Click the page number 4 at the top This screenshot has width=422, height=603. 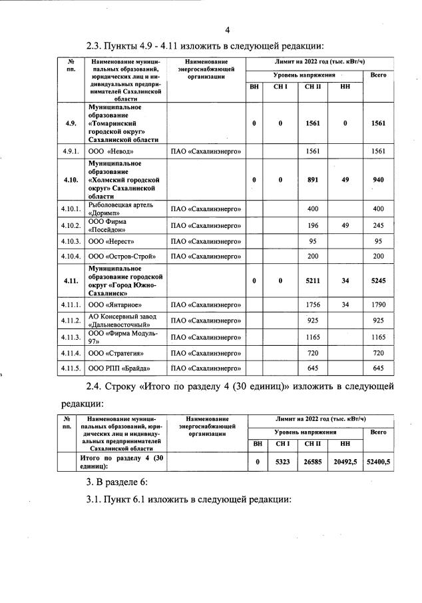(x=227, y=30)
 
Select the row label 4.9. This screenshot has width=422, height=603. (x=70, y=123)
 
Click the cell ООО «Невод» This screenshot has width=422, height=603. (x=111, y=151)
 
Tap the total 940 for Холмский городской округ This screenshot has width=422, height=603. (x=378, y=179)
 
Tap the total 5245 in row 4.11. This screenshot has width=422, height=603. (x=378, y=281)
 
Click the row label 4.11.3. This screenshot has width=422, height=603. (x=71, y=337)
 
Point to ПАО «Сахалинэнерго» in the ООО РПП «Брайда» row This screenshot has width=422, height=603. (x=206, y=368)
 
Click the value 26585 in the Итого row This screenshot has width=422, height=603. (x=312, y=462)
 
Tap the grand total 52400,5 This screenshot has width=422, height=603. (x=378, y=462)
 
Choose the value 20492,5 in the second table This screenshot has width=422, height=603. (x=345, y=462)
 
